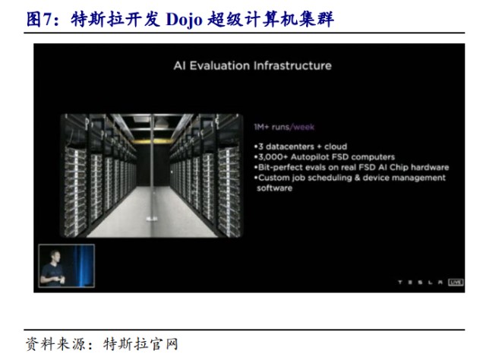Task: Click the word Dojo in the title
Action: [184, 19]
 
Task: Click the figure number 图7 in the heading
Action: [38, 19]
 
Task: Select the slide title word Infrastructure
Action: [292, 66]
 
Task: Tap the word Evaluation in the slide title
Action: [219, 66]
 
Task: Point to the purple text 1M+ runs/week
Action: [284, 127]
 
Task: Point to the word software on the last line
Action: [274, 188]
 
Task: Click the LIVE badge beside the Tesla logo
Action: [456, 283]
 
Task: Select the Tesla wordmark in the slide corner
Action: [421, 283]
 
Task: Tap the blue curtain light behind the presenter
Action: [83, 265]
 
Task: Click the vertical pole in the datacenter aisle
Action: [152, 168]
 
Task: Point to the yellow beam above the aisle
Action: [153, 141]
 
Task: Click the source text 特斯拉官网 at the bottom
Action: [140, 344]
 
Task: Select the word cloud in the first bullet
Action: [336, 147]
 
